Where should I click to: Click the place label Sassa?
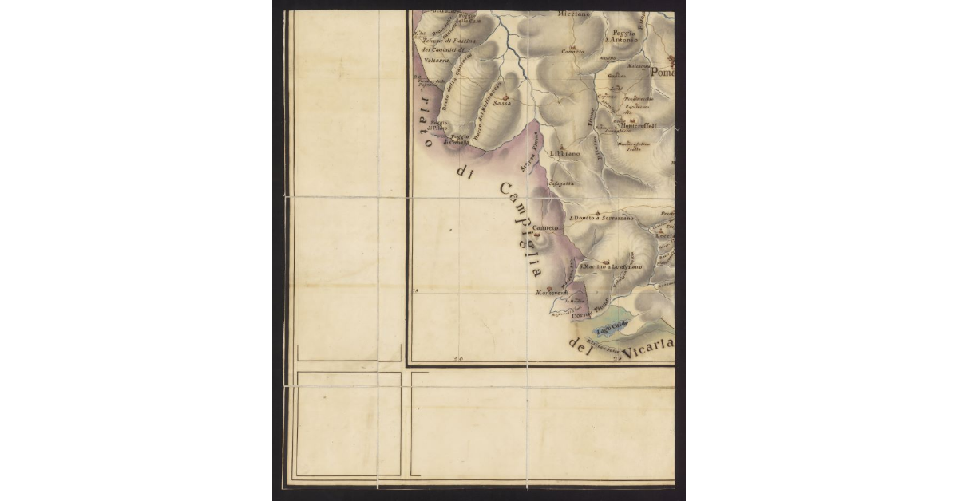(502, 103)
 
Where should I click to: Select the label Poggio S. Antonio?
(622, 36)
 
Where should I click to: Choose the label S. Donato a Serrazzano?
(601, 218)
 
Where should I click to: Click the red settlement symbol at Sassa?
(504, 97)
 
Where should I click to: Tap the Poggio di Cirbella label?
(458, 140)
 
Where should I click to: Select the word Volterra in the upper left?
(437, 60)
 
